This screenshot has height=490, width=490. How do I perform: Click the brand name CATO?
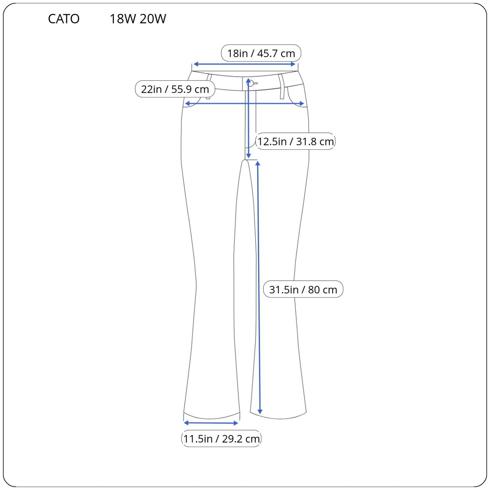pos(64,19)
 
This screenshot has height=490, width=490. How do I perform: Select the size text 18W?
pos(123,19)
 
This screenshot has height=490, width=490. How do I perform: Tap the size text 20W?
pos(153,19)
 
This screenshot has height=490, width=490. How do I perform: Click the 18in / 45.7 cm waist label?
pos(261,53)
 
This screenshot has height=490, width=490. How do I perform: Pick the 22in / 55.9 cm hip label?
pos(175,89)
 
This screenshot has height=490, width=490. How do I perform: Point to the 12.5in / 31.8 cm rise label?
pos(295,141)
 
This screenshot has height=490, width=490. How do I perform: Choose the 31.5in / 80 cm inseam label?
pos(303,289)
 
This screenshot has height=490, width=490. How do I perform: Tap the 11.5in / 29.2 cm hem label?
pos(221,439)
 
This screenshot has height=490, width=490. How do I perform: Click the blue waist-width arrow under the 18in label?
pos(245,64)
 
